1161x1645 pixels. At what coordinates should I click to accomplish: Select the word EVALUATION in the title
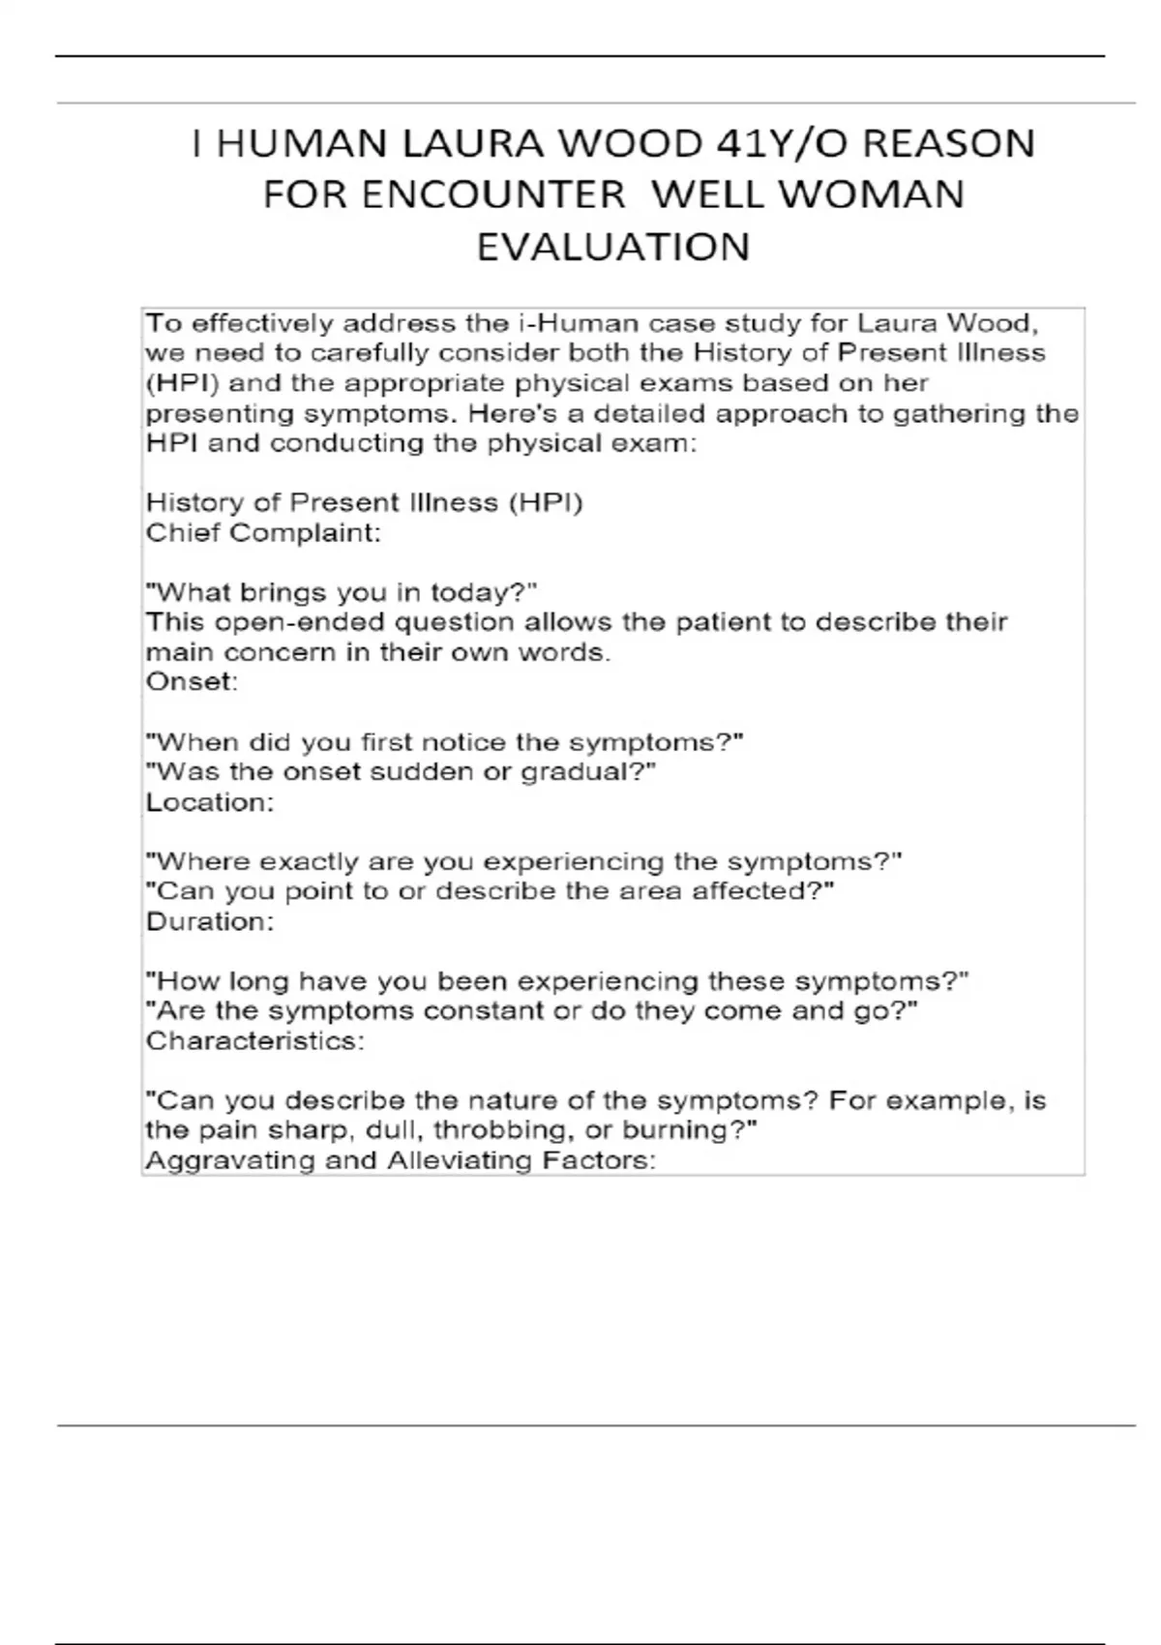pyautogui.click(x=613, y=247)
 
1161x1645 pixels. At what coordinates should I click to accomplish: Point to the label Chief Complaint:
pyautogui.click(x=263, y=533)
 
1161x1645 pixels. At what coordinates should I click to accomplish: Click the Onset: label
pyautogui.click(x=192, y=682)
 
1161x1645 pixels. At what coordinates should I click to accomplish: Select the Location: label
pyautogui.click(x=210, y=802)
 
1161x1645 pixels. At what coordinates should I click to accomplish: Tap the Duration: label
pyautogui.click(x=210, y=921)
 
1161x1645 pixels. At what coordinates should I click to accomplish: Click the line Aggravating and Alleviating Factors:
pyautogui.click(x=401, y=1160)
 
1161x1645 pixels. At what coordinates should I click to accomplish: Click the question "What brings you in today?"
pyautogui.click(x=341, y=592)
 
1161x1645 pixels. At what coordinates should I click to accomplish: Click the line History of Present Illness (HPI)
pyautogui.click(x=365, y=503)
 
